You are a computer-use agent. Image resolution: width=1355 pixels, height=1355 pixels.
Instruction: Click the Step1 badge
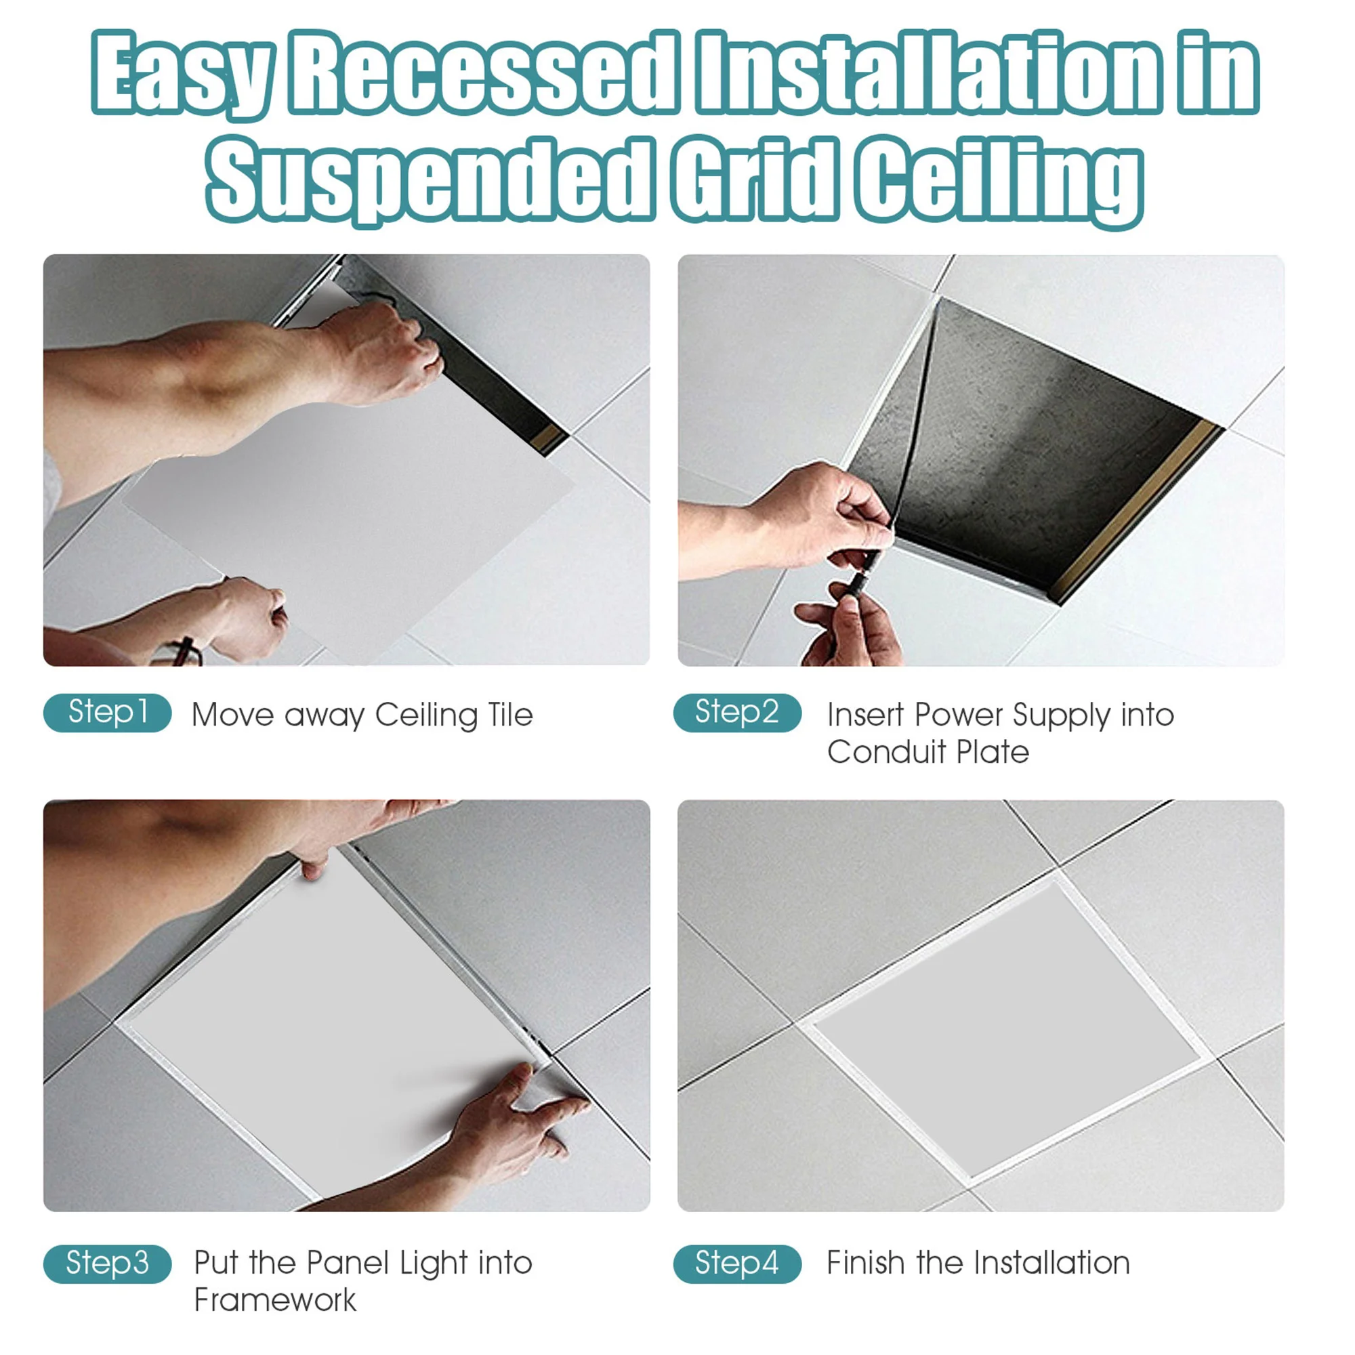tap(107, 713)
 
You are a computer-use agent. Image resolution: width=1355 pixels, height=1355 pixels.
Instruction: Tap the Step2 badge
tap(736, 713)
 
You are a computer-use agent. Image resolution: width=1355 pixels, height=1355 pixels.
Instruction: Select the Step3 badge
tap(107, 1264)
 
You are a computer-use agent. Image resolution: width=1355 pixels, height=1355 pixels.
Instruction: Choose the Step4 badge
tap(736, 1264)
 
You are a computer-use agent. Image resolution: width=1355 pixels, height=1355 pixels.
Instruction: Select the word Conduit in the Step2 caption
tap(885, 753)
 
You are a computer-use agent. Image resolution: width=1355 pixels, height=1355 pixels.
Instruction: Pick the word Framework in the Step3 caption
tap(275, 1301)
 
